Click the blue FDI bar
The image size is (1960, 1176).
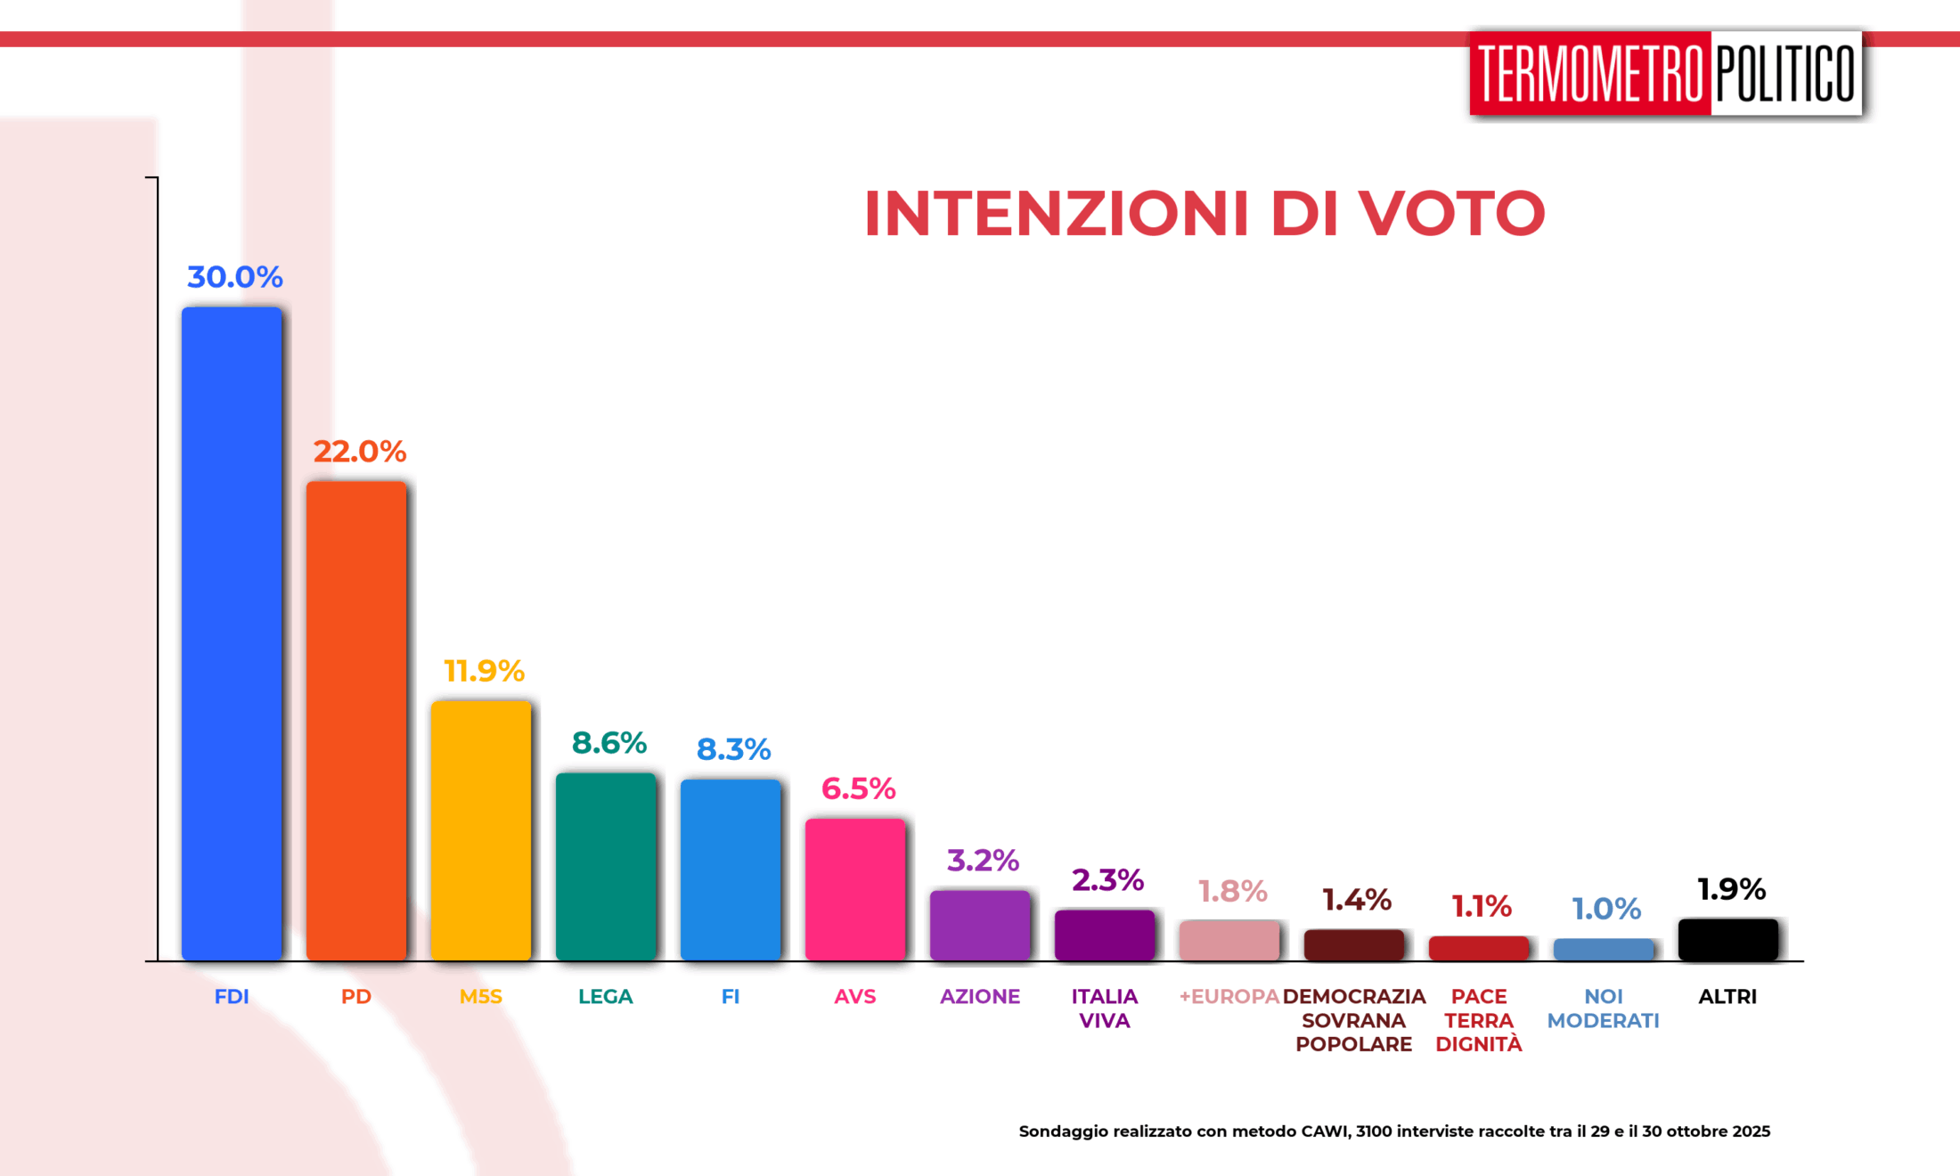pos(232,633)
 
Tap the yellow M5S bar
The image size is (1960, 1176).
pos(481,829)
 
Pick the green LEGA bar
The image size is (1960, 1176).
pos(606,865)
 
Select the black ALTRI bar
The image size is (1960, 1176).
pos(1728,939)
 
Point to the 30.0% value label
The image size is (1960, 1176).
pos(235,277)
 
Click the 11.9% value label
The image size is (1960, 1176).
pos(484,671)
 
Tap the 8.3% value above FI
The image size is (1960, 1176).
pos(733,749)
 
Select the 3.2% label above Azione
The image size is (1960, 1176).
pos(983,861)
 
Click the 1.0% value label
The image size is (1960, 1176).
pos(1606,909)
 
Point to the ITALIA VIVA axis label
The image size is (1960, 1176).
pos(1105,1009)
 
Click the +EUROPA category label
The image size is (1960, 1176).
pos(1229,996)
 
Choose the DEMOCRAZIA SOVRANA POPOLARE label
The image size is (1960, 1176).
pos(1354,1020)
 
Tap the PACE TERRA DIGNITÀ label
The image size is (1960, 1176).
pos(1479,1020)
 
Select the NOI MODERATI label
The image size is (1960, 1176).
pos(1604,1009)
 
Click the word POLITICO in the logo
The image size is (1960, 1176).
pos(1785,74)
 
